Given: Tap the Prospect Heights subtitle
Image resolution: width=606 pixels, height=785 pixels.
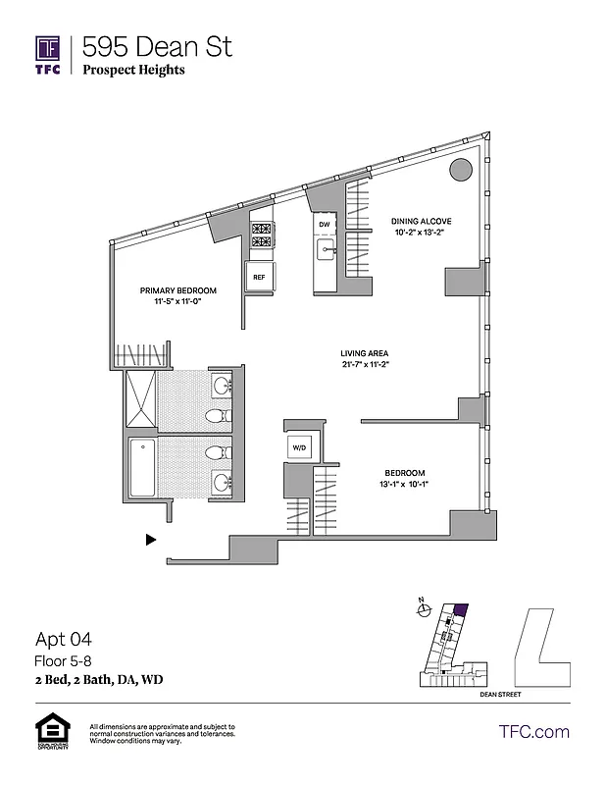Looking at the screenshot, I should click(133, 70).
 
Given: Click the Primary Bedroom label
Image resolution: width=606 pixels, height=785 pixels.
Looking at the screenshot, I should click(177, 291).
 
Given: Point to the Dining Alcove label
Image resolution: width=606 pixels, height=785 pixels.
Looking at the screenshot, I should click(421, 221).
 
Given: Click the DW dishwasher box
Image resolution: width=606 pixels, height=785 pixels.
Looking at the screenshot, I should click(325, 225).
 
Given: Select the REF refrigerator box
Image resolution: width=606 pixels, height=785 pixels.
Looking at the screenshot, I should click(259, 277).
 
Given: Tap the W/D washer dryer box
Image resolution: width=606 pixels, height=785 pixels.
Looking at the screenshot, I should click(298, 447).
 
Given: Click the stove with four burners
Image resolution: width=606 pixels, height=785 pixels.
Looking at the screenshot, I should click(261, 235).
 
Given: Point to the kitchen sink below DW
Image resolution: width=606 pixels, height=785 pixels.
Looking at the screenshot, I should click(326, 252).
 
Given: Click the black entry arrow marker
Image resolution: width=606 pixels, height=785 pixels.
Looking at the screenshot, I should click(150, 539).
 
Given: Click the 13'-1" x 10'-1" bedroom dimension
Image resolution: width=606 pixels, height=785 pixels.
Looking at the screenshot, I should click(404, 484).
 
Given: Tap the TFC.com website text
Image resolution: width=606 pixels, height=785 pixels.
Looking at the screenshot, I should click(534, 731).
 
